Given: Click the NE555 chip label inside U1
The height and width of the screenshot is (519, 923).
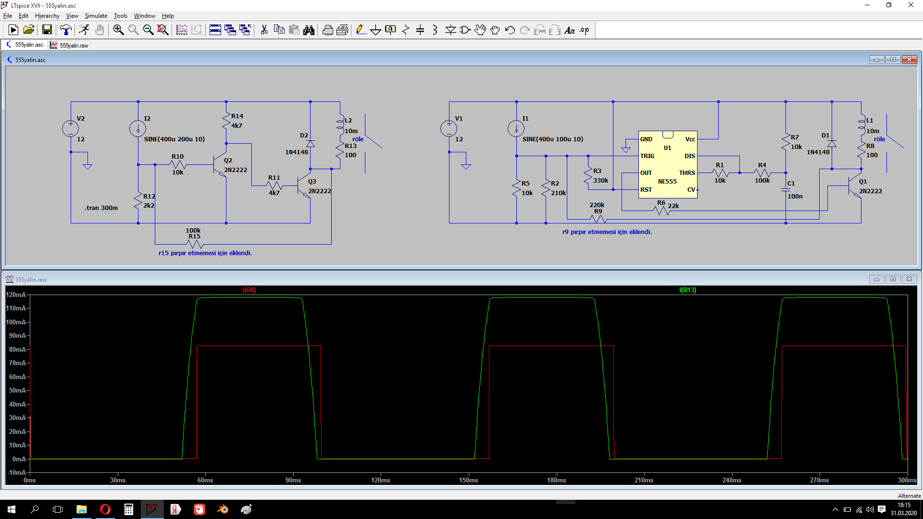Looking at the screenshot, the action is (x=667, y=182).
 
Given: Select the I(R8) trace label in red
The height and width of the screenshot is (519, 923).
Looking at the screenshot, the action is (x=249, y=290).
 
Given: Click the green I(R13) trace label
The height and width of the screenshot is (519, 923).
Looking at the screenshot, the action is (x=687, y=290).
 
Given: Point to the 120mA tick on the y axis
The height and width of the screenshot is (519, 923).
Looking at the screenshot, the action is (x=16, y=295).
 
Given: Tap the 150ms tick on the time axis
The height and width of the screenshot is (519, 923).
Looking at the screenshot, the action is (x=468, y=480).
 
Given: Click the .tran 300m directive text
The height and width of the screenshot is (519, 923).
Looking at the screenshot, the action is (x=101, y=208).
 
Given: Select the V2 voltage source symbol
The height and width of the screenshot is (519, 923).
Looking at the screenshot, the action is (x=70, y=128).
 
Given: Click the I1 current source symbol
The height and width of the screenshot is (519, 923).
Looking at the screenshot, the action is (x=516, y=128).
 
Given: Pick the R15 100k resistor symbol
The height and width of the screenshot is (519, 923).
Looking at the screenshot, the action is (x=195, y=244).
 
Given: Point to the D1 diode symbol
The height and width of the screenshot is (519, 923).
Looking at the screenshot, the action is (x=832, y=144).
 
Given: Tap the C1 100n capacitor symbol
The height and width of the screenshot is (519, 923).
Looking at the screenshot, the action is (x=786, y=190).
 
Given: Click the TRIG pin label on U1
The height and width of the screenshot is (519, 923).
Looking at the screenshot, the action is (x=647, y=156).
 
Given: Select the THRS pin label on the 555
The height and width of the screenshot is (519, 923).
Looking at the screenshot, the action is (x=687, y=173).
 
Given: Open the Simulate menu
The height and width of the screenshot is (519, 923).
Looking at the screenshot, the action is (x=96, y=16).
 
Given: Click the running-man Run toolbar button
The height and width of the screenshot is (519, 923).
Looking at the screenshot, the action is (x=84, y=30).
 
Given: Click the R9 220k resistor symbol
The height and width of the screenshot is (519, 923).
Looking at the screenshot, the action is (x=598, y=220).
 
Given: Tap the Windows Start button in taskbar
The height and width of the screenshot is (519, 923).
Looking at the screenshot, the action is (x=12, y=509).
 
